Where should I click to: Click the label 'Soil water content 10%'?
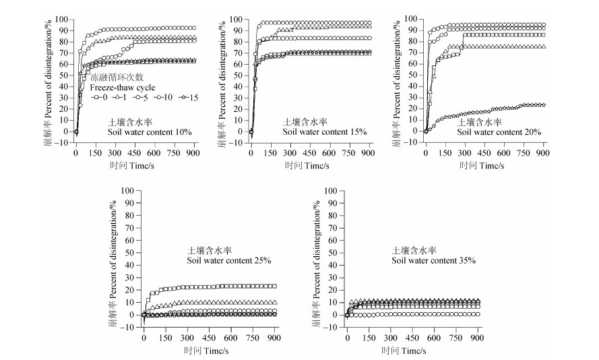point(149,132)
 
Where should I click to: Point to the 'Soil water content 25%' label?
point(228,260)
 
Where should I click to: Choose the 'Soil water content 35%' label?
point(433,260)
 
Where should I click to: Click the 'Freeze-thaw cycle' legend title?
point(123,88)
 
